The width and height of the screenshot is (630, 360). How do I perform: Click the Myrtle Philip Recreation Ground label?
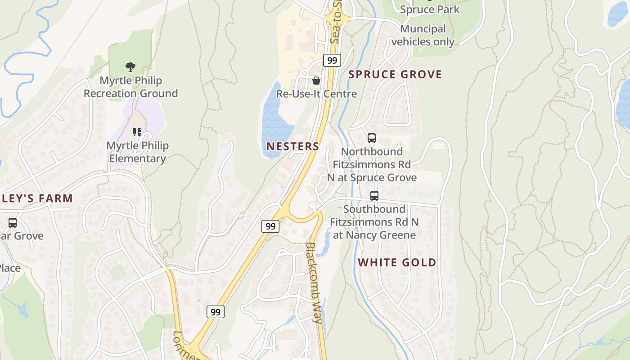click(130, 87)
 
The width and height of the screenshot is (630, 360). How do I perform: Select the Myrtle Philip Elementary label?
click(138, 152)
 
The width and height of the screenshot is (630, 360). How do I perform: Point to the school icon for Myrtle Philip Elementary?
click(137, 132)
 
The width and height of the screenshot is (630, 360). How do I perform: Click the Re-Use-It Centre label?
click(316, 94)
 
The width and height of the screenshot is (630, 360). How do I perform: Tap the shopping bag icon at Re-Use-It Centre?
click(316, 81)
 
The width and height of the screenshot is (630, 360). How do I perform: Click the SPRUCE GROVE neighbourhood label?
click(395, 75)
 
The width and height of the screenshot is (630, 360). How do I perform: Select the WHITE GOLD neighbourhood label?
click(397, 263)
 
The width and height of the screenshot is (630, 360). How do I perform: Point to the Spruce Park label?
click(430, 9)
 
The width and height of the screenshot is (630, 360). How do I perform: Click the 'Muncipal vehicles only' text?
click(423, 36)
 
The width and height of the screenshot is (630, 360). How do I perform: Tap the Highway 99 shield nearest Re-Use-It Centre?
click(332, 60)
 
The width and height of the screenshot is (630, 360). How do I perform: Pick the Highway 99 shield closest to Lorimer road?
click(216, 312)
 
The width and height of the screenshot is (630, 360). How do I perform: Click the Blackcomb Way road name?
click(314, 283)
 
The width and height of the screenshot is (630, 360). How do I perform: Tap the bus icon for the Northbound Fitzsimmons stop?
click(371, 138)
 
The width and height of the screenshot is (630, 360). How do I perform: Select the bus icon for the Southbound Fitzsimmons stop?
click(374, 196)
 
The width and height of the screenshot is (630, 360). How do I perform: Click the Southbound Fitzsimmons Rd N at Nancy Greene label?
click(374, 222)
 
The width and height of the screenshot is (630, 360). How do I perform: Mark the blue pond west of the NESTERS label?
click(275, 121)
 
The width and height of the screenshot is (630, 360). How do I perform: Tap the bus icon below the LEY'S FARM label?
click(13, 223)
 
